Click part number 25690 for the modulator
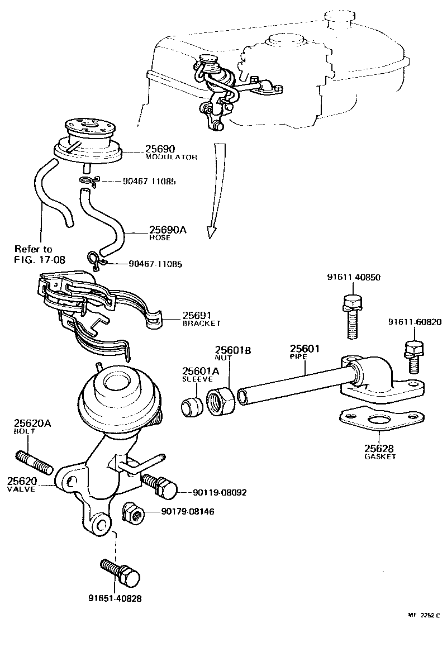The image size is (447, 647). (160, 149)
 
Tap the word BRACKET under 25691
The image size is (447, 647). (202, 323)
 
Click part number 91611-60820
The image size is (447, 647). (415, 322)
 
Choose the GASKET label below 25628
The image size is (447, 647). (380, 456)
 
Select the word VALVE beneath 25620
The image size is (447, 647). (21, 489)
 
